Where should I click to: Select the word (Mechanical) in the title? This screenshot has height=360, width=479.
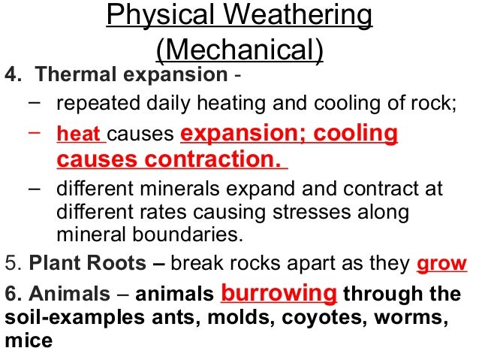point(239,49)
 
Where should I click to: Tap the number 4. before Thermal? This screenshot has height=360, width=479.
point(14,75)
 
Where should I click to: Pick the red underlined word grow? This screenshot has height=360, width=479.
point(441,265)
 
